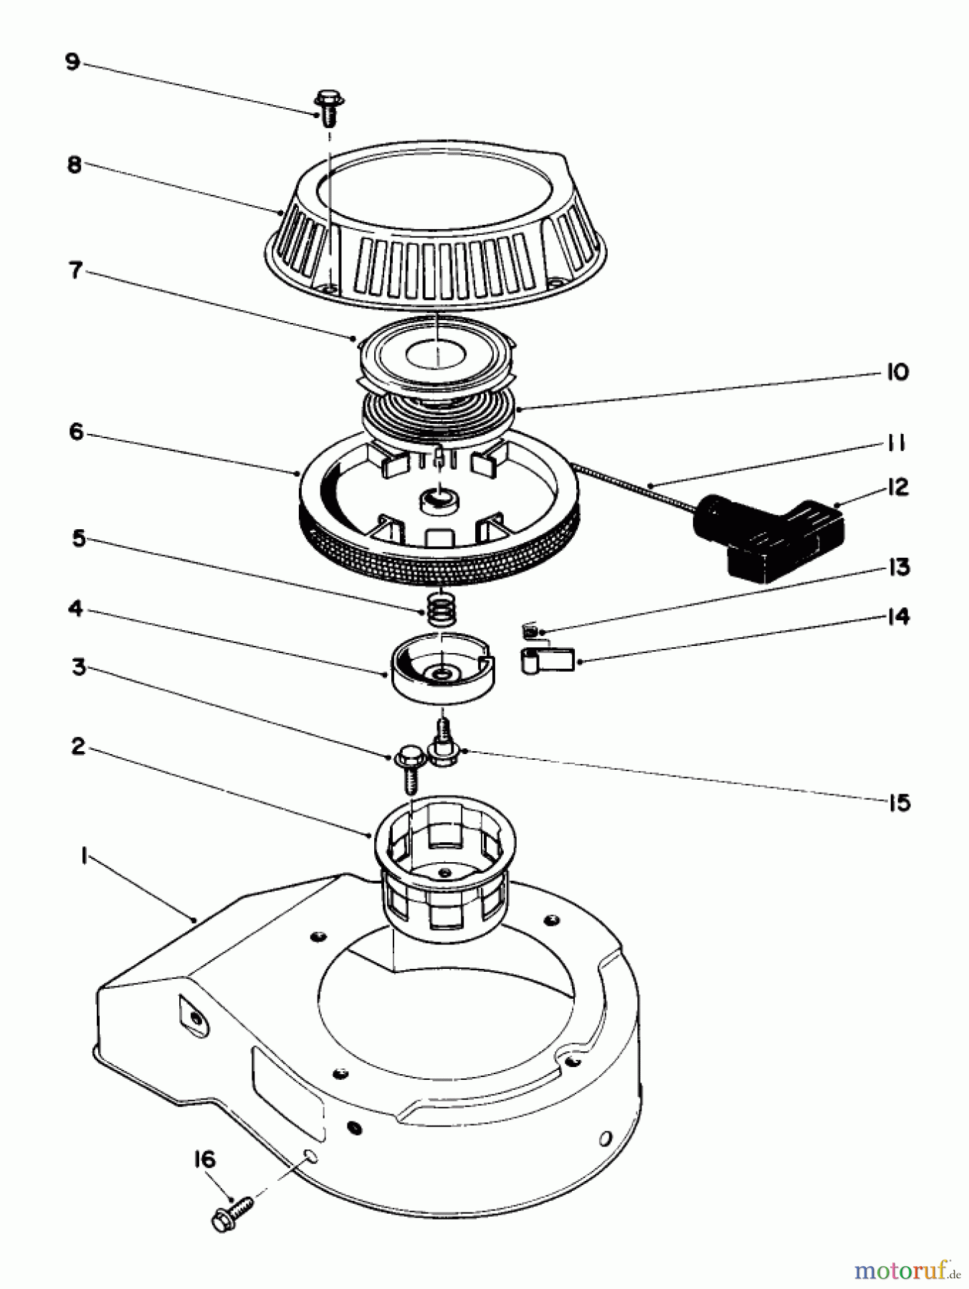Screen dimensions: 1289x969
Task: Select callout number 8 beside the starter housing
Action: tap(74, 165)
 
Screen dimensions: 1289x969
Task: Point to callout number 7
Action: tap(75, 271)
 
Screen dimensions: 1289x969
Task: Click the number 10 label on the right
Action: tap(897, 372)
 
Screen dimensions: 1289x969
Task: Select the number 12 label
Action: tap(897, 488)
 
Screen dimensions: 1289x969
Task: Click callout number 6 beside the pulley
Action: tap(76, 433)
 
